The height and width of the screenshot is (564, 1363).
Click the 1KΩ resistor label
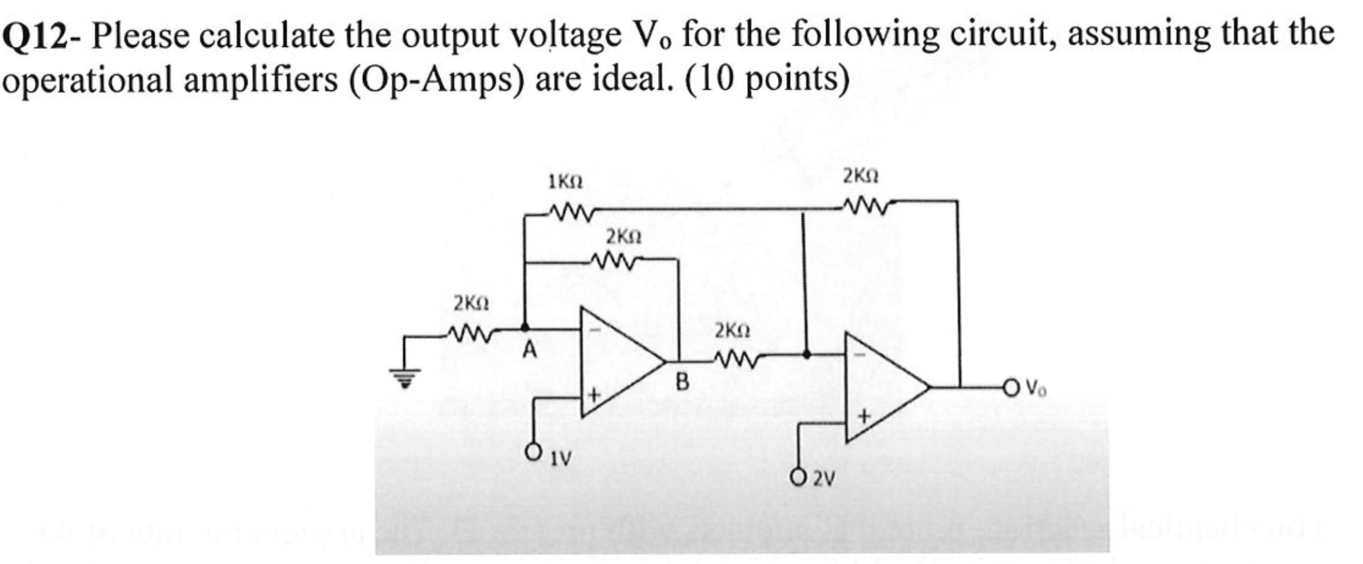[x=565, y=183]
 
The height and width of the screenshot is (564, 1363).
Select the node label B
[x=683, y=382]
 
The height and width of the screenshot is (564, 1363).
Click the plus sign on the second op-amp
[x=864, y=416]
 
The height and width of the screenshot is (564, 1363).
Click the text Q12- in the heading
[x=42, y=36]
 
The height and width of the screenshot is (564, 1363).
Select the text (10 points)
[x=767, y=80]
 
